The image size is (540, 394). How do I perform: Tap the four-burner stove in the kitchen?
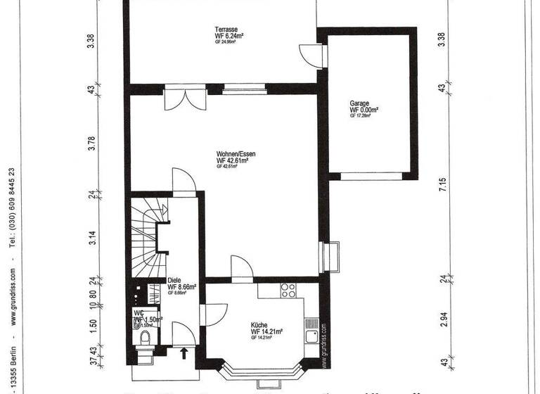coord(288,288)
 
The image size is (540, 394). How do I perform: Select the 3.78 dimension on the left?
coord(91,143)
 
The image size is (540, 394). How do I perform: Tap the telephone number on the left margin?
coord(13,208)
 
